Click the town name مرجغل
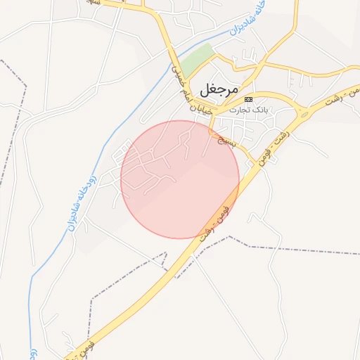(219, 89)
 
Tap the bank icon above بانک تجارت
(247, 100)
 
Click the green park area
(199, 57)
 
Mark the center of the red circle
(180, 179)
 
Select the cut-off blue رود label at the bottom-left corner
(33, 351)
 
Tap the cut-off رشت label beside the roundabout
(337, 97)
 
